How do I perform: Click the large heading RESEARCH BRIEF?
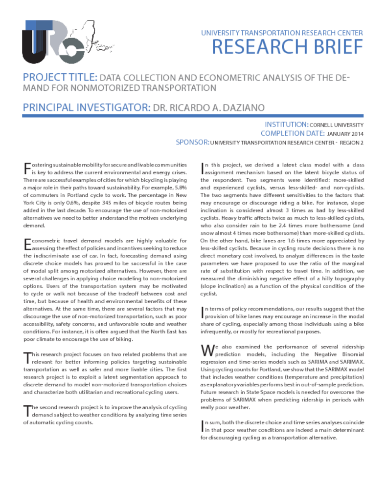pos(288,47)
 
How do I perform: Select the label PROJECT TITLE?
pos(60,78)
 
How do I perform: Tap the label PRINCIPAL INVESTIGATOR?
pos(85,107)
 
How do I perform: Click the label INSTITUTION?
pos(286,125)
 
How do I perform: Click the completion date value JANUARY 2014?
pos(345,134)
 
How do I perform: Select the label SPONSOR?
pos(192,143)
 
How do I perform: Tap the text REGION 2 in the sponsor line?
pos(353,143)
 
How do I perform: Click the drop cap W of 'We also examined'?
pos(206,350)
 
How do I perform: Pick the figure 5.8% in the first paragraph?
pos(176,187)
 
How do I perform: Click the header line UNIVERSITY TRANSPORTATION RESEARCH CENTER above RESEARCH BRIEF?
pos(282,33)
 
